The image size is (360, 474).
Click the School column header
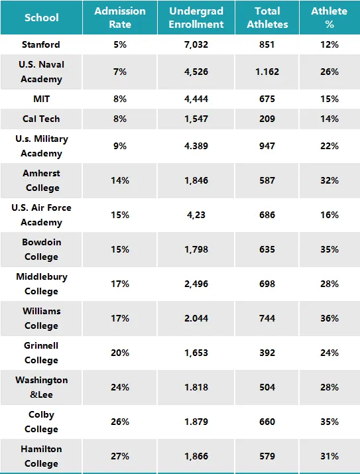tap(41, 17)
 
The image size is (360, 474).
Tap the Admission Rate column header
tap(120, 17)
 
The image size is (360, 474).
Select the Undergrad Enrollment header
tap(196, 17)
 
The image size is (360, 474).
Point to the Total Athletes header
tap(267, 17)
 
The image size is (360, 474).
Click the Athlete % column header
tap(330, 17)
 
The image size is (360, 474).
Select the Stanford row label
tap(41, 44)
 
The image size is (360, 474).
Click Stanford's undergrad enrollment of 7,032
tap(196, 44)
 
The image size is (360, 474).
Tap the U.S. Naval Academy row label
tap(41, 72)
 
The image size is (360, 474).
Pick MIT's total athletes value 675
tap(267, 99)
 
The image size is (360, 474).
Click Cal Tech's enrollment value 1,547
tap(196, 119)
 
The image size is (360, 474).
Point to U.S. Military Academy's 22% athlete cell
tap(330, 146)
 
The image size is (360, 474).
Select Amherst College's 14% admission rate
tap(120, 180)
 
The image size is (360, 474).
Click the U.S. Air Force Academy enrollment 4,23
tap(196, 215)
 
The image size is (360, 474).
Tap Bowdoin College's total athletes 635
tap(267, 249)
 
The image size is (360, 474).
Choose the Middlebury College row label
tap(41, 284)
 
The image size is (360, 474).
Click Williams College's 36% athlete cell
tap(330, 318)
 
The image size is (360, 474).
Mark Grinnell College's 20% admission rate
tap(120, 353)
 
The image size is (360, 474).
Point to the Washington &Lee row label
tap(41, 387)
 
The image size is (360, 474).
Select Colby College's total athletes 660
tap(267, 422)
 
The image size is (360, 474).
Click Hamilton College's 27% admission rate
tap(120, 456)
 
